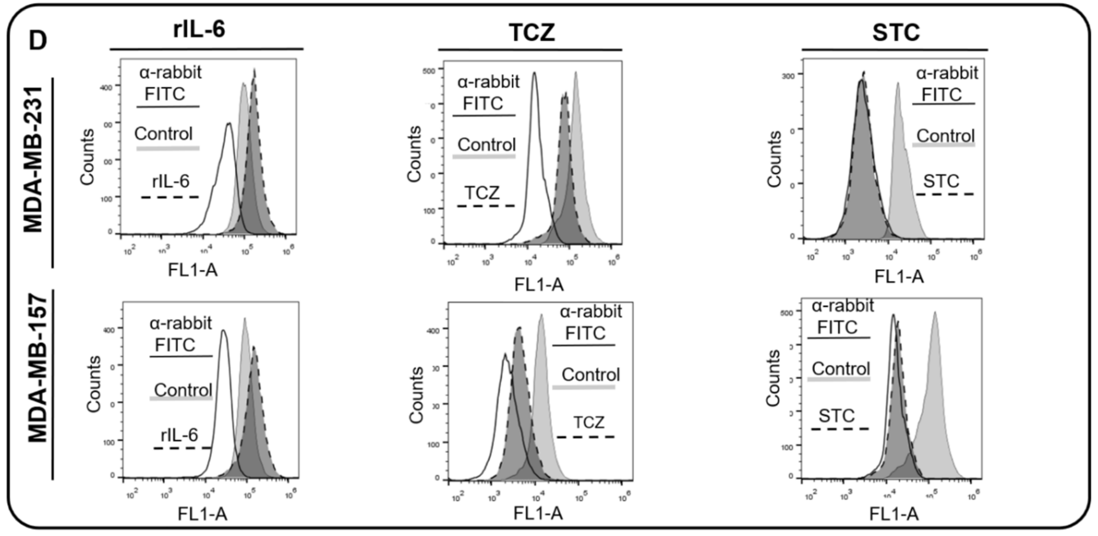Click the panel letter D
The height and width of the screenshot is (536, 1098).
38,41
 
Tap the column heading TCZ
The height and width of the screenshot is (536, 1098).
532,33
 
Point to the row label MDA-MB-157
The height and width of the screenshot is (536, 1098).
38,367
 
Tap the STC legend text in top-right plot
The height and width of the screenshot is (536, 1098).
941,181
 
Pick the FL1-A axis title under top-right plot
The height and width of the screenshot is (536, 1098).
899,277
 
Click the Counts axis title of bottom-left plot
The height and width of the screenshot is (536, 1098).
94,384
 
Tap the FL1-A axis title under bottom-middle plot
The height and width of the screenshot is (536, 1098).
538,513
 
